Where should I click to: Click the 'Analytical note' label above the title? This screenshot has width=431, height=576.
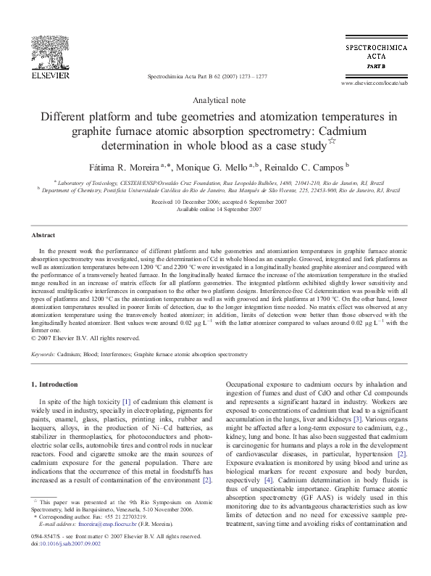[x=215, y=100]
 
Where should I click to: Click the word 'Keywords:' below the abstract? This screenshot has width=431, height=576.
[x=44, y=355]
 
